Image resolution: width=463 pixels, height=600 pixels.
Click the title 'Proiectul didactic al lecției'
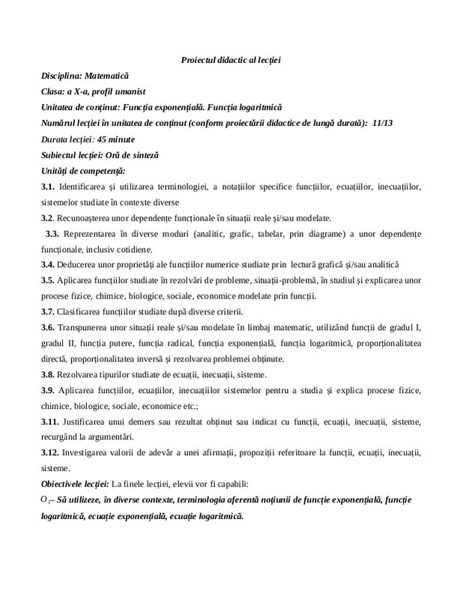pos(231,59)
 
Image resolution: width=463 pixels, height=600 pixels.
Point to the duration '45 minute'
pos(112,139)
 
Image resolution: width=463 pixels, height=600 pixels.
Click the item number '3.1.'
pos(49,186)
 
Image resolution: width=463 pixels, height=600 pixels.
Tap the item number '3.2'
pos(48,217)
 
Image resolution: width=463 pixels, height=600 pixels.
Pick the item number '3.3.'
pos(55,233)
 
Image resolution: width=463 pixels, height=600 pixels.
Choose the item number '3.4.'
pos(49,265)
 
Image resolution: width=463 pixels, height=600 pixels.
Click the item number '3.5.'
pos(49,280)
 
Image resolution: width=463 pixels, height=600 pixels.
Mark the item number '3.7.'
pos(49,311)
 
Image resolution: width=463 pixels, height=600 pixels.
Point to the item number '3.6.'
pos(49,328)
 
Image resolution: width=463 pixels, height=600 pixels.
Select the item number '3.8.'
pos(49,374)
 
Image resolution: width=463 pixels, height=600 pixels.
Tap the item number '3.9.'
pos(49,390)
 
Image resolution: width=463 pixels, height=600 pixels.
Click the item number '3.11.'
pos(51,421)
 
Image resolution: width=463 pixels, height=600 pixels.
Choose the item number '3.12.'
pos(51,453)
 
